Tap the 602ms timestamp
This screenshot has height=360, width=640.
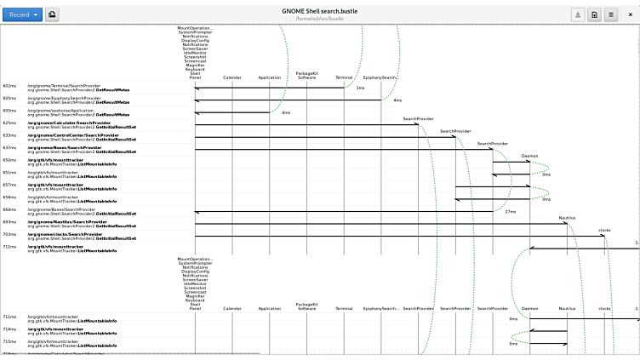[9, 86]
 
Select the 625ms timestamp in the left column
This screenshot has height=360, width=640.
[9, 123]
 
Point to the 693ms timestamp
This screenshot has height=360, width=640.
[9, 221]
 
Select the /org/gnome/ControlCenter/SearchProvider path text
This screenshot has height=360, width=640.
[73, 134]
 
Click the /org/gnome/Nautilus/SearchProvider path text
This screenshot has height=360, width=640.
[67, 221]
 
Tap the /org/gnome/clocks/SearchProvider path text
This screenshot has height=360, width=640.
[66, 233]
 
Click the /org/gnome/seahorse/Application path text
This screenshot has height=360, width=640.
[60, 110]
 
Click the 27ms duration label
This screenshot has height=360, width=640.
[511, 211]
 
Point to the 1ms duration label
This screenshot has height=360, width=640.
[360, 88]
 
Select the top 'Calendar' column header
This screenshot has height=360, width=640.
[232, 77]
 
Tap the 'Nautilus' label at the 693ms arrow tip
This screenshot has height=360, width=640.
[567, 218]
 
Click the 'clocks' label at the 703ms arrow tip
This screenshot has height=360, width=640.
[604, 230]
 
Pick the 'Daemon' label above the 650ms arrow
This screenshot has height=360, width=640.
[529, 156]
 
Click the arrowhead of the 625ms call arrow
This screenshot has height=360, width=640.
[416, 125]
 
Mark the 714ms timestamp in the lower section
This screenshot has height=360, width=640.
[9, 329]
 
